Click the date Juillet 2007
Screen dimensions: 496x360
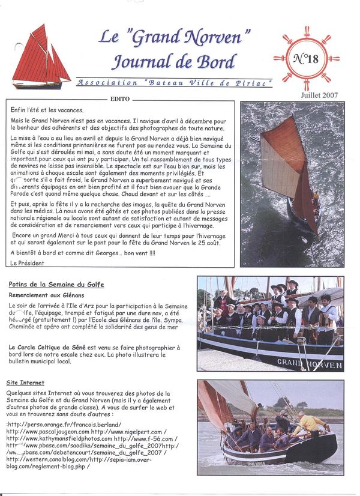tap(320, 95)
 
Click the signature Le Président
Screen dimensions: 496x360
tap(28, 262)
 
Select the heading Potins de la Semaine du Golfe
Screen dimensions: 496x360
tap(56, 283)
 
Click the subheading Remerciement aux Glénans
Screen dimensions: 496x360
tap(46, 295)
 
